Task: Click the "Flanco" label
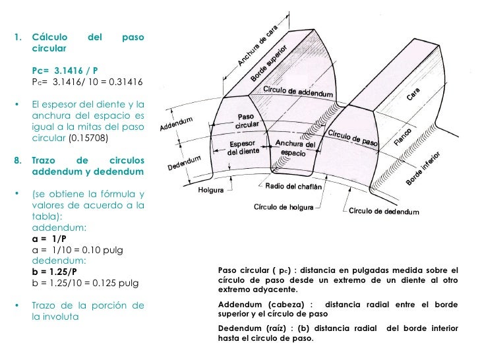404,136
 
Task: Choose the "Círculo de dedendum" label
384,212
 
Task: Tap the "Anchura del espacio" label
295,148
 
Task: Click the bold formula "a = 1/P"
49,239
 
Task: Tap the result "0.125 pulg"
121,284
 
